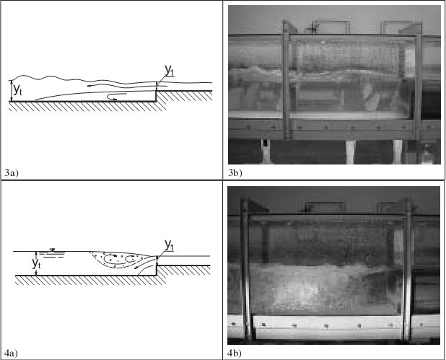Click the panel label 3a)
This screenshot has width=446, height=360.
click(x=12, y=173)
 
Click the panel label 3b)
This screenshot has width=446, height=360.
click(x=235, y=173)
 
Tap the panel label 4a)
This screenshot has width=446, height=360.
click(x=12, y=354)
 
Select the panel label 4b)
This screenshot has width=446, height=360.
click(x=235, y=354)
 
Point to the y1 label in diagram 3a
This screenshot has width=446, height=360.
click(x=170, y=70)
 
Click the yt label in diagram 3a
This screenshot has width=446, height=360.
click(x=17, y=90)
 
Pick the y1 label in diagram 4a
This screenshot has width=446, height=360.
click(x=170, y=245)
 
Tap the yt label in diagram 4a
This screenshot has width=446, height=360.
click(x=36, y=263)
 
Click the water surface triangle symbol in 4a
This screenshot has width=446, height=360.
click(x=53, y=250)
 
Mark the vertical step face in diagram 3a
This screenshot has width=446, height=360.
click(x=157, y=96)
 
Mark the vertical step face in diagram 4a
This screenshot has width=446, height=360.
click(x=157, y=271)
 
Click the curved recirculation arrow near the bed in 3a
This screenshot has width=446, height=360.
click(x=116, y=96)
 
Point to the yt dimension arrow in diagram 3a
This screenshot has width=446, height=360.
click(x=12, y=91)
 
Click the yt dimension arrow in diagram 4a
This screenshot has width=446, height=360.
click(x=36, y=263)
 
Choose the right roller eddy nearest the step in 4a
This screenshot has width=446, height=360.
click(x=131, y=258)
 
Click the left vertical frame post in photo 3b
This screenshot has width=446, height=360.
click(x=286, y=81)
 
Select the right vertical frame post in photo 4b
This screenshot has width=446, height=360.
click(x=407, y=268)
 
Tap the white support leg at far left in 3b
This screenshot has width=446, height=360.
click(x=266, y=151)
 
